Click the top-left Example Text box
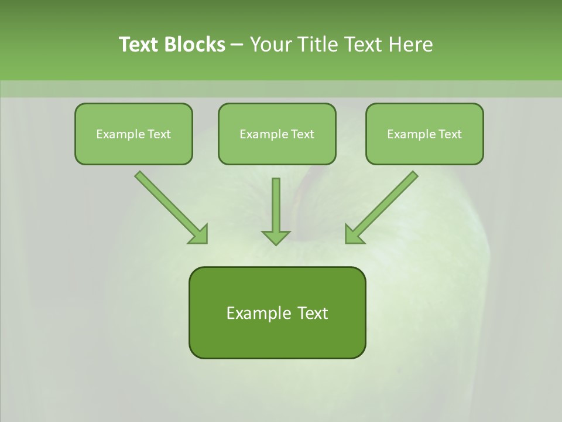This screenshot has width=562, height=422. (x=133, y=134)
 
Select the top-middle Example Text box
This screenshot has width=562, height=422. (x=277, y=134)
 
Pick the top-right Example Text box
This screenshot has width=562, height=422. (x=424, y=134)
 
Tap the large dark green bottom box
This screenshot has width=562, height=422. (x=277, y=312)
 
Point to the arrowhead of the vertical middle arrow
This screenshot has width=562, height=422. (x=276, y=237)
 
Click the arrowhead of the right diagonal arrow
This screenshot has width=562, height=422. (x=354, y=234)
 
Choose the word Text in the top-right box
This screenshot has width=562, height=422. (x=450, y=134)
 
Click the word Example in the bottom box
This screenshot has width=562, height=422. (x=258, y=313)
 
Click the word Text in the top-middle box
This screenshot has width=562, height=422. (x=303, y=134)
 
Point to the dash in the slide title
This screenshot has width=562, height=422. (x=237, y=45)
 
